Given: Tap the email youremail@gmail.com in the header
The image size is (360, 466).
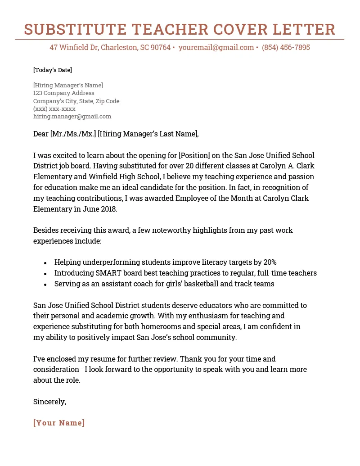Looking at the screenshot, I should click(216, 47).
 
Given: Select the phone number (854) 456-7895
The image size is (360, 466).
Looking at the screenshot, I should click(286, 47).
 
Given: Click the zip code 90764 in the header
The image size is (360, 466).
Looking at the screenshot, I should click(160, 47).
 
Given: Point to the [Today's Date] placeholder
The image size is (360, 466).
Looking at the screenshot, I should click(53, 70).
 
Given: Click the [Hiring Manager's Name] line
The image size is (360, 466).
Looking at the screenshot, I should click(68, 85).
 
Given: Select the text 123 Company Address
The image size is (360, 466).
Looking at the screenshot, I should click(63, 93).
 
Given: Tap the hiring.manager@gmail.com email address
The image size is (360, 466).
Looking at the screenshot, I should click(72, 116).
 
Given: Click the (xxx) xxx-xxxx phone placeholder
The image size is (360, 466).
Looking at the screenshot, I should click(54, 109).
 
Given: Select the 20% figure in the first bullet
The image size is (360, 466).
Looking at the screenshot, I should click(269, 262).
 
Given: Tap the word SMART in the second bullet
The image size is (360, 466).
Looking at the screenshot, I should click(108, 273).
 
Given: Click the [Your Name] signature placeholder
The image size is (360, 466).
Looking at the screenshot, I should click(59, 423).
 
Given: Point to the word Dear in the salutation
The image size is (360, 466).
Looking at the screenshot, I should click(41, 134).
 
